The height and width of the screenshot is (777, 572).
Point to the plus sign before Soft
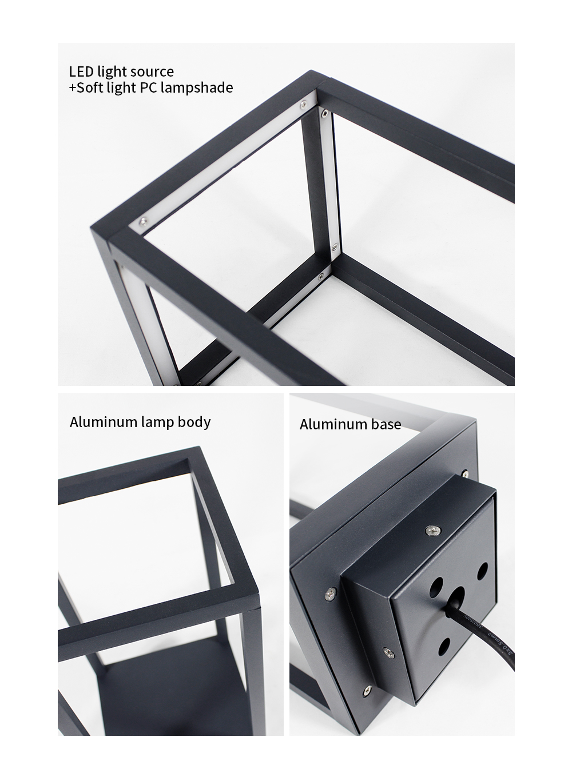pos(72,87)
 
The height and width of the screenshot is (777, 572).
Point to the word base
pos(386,424)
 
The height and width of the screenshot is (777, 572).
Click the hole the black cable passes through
pos(455,597)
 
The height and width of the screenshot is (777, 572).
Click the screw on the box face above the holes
pos(433,530)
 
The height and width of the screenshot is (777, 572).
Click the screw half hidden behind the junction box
pos(464,473)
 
